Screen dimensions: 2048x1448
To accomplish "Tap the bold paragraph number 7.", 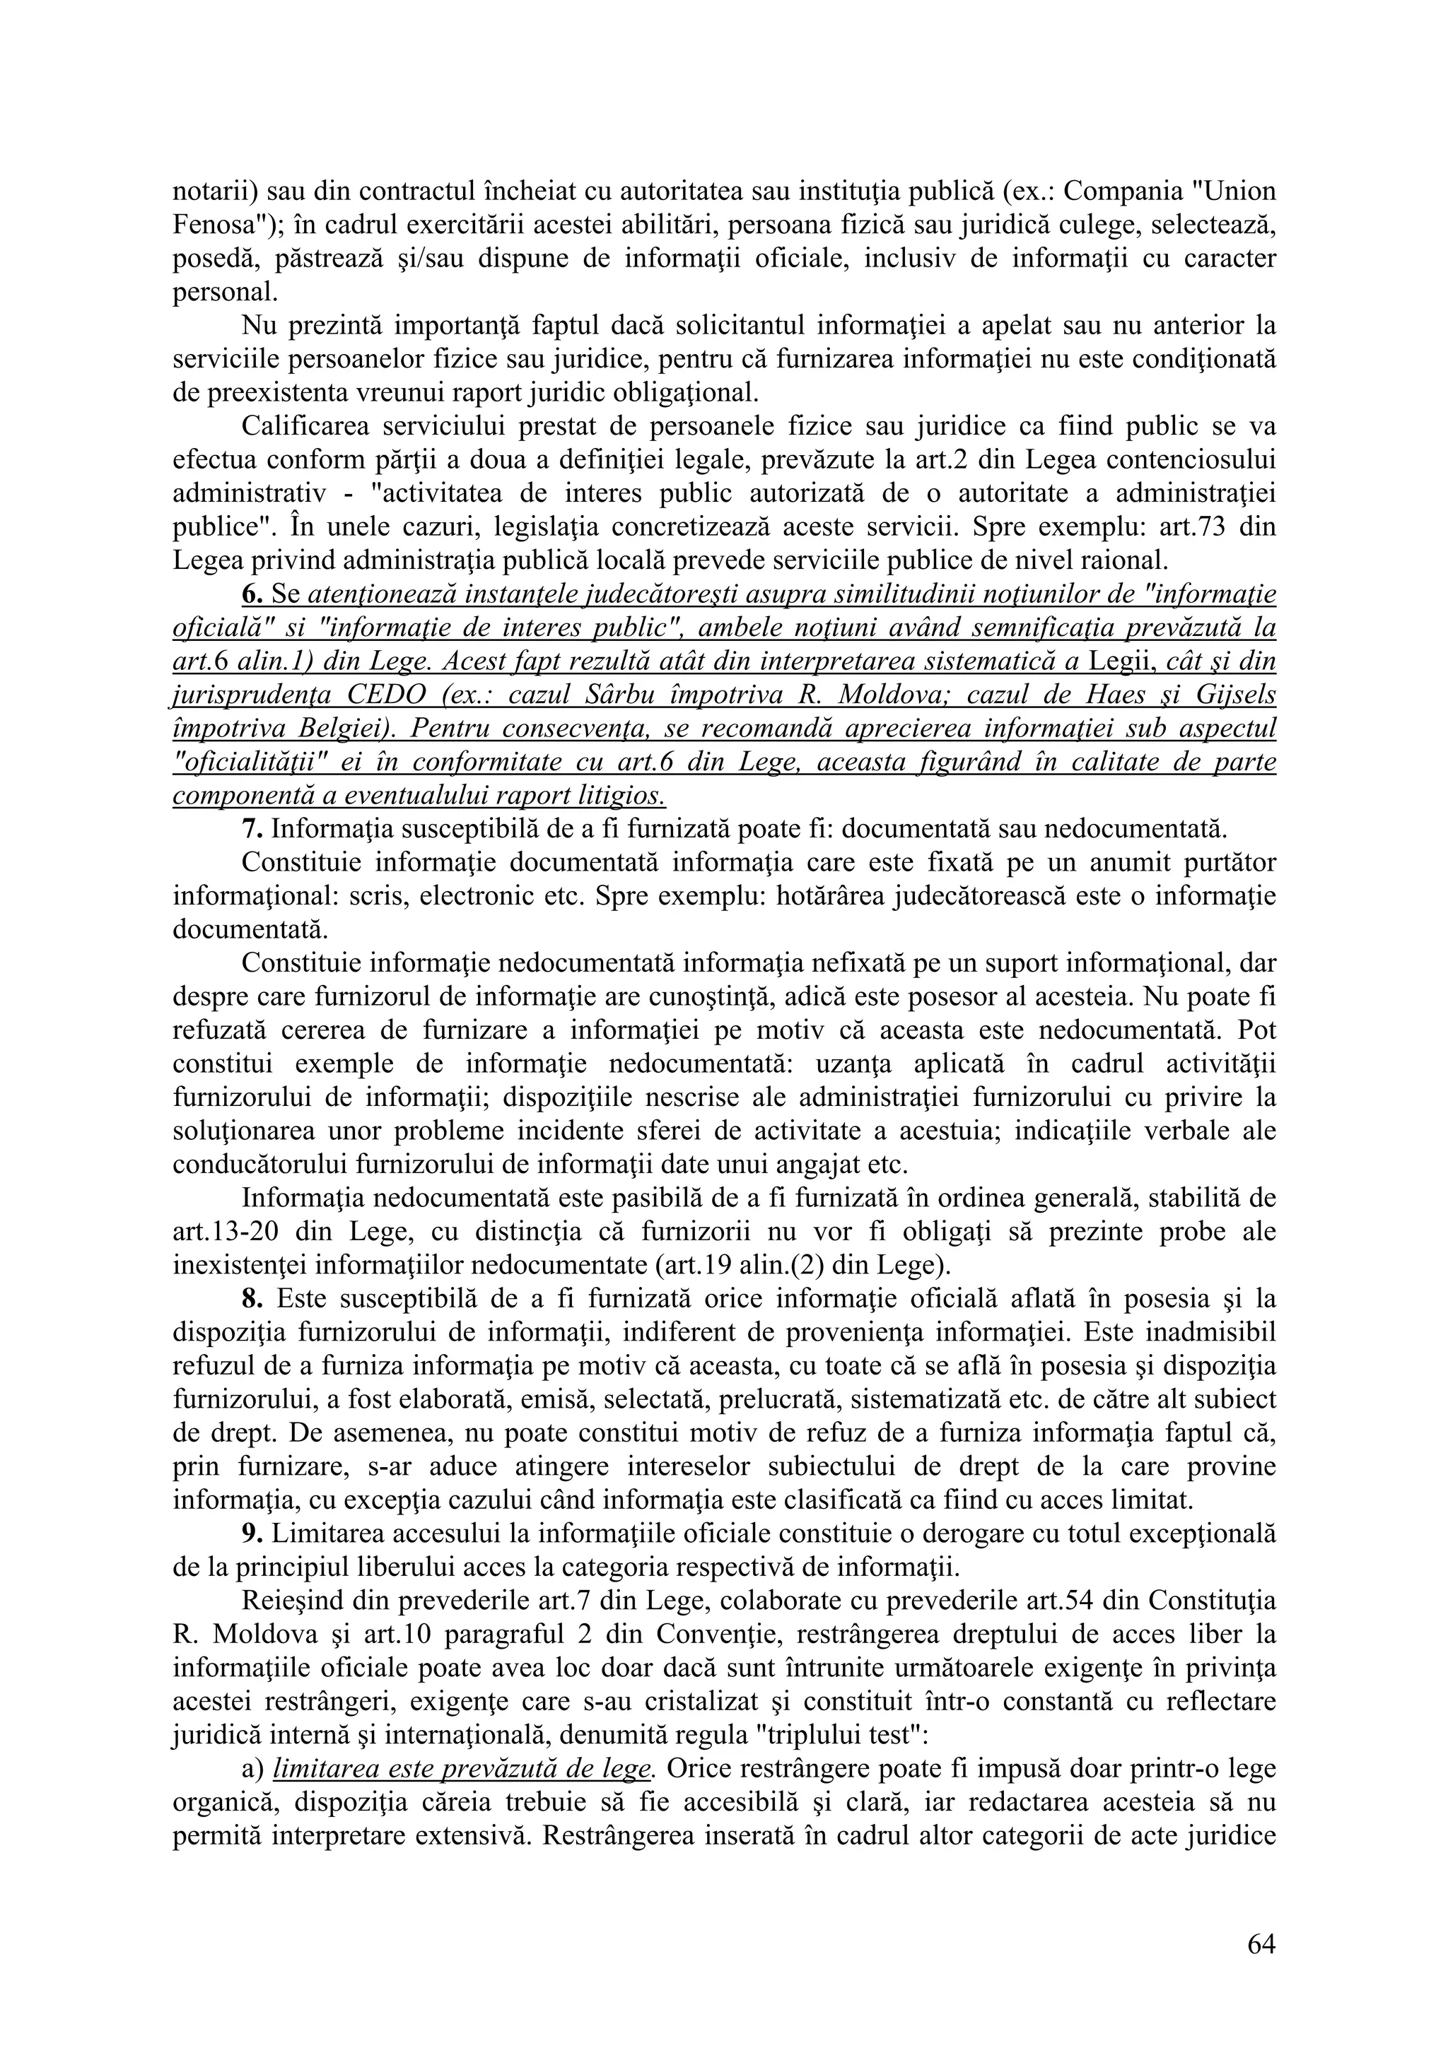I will click(x=252, y=830).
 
